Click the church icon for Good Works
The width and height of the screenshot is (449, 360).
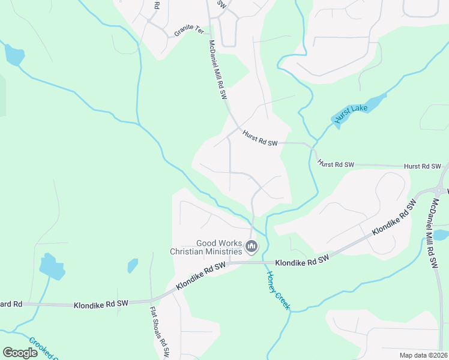click(x=252, y=246)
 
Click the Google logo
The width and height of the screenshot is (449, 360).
click(x=20, y=353)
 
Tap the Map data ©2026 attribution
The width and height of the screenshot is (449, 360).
click(x=423, y=355)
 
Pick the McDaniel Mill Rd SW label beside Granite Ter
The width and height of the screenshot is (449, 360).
click(x=217, y=70)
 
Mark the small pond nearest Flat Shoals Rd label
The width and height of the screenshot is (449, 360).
click(x=133, y=265)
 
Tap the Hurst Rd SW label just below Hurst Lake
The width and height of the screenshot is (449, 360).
click(x=336, y=164)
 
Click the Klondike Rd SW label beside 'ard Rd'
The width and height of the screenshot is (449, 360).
click(x=101, y=305)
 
